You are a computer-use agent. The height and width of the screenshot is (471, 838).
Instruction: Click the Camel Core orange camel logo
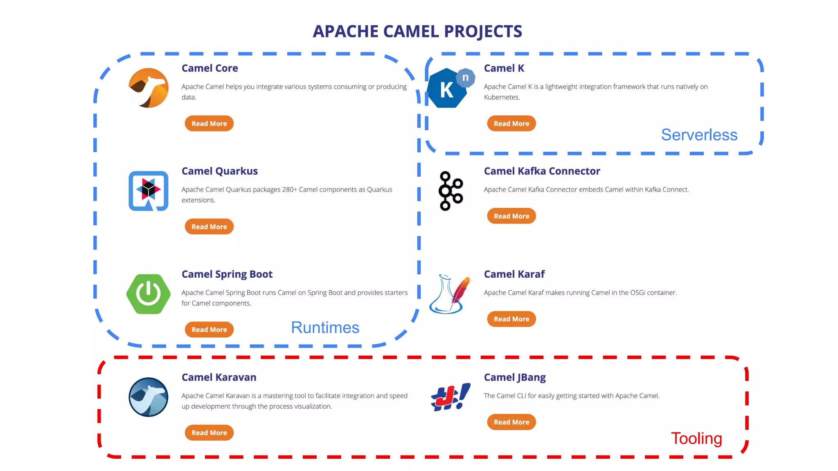148,88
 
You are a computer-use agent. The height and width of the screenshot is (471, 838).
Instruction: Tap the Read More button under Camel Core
209,123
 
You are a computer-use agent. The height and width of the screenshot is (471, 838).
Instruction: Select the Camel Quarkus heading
219,171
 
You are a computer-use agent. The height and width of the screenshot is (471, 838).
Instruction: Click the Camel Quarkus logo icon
148,191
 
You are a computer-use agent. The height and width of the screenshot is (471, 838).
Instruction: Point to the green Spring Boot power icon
148,294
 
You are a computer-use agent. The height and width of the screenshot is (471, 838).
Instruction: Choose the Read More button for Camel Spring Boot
209,330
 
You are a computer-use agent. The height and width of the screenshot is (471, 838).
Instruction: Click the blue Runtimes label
325,327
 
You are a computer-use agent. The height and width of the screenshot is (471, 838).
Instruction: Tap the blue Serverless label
699,135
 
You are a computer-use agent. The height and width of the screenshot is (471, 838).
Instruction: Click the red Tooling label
696,438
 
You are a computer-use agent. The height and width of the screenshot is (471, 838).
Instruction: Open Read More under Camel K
511,123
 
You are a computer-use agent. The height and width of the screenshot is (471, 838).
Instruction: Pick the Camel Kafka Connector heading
542,171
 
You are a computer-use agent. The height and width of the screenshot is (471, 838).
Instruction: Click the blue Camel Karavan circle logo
148,397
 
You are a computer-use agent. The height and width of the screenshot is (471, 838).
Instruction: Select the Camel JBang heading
514,377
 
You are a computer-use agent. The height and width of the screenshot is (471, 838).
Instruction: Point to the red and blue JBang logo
450,397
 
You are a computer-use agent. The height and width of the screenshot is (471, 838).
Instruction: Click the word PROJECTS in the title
483,31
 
